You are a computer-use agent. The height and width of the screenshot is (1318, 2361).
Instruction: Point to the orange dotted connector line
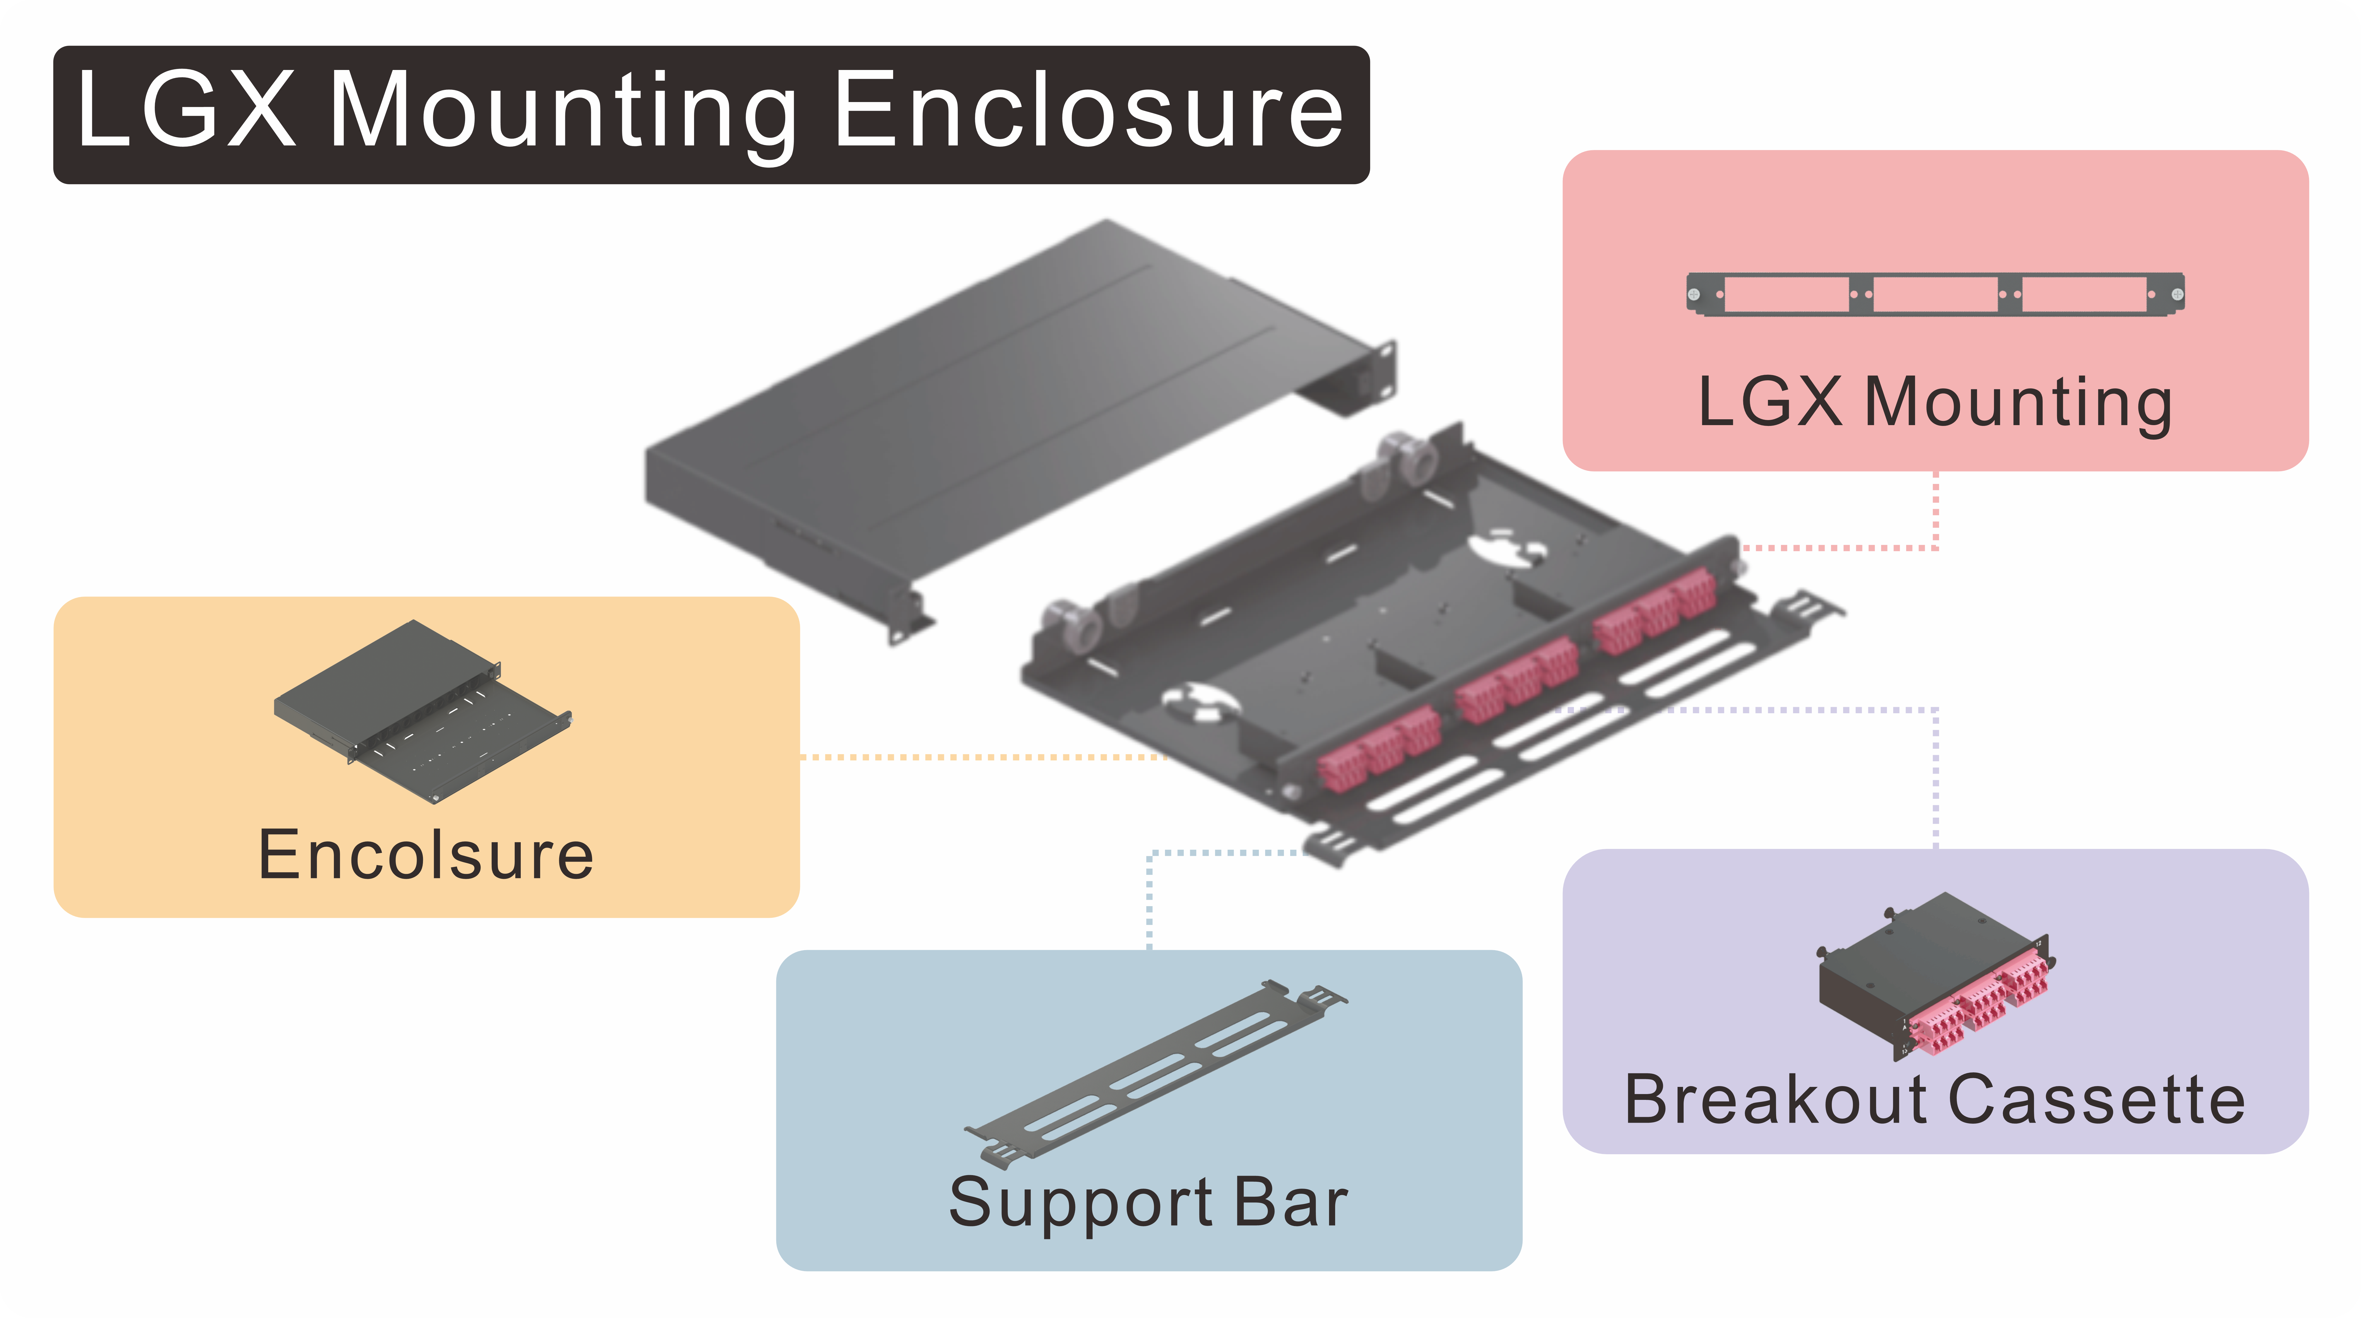[x=981, y=757]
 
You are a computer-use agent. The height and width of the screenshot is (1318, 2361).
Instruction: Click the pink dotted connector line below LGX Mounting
[x=1935, y=513]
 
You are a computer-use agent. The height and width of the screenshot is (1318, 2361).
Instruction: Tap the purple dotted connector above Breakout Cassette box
[x=1935, y=779]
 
